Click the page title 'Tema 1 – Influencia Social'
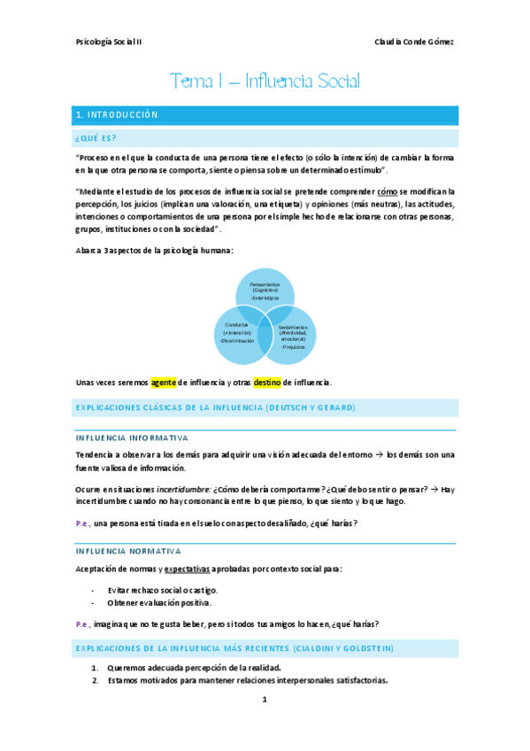[265, 82]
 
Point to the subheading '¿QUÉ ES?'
[96, 137]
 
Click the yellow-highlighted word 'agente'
[164, 383]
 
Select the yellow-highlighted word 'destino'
[267, 383]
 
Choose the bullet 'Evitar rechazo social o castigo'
[159, 590]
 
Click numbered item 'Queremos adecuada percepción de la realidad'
[194, 667]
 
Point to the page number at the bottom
[264, 700]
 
